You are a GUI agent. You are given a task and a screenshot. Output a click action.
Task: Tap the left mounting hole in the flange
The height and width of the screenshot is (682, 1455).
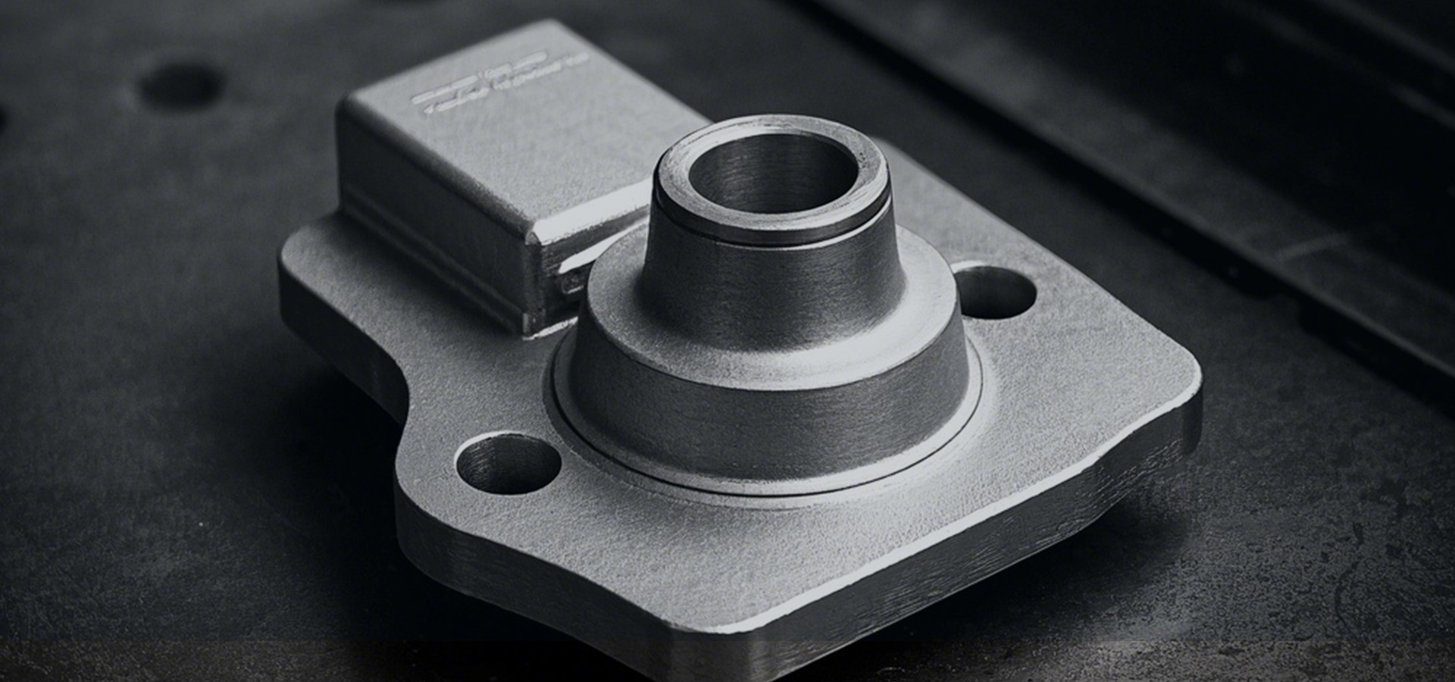(507, 463)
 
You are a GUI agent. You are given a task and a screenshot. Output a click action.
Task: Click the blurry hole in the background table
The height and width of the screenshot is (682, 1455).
(180, 86)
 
